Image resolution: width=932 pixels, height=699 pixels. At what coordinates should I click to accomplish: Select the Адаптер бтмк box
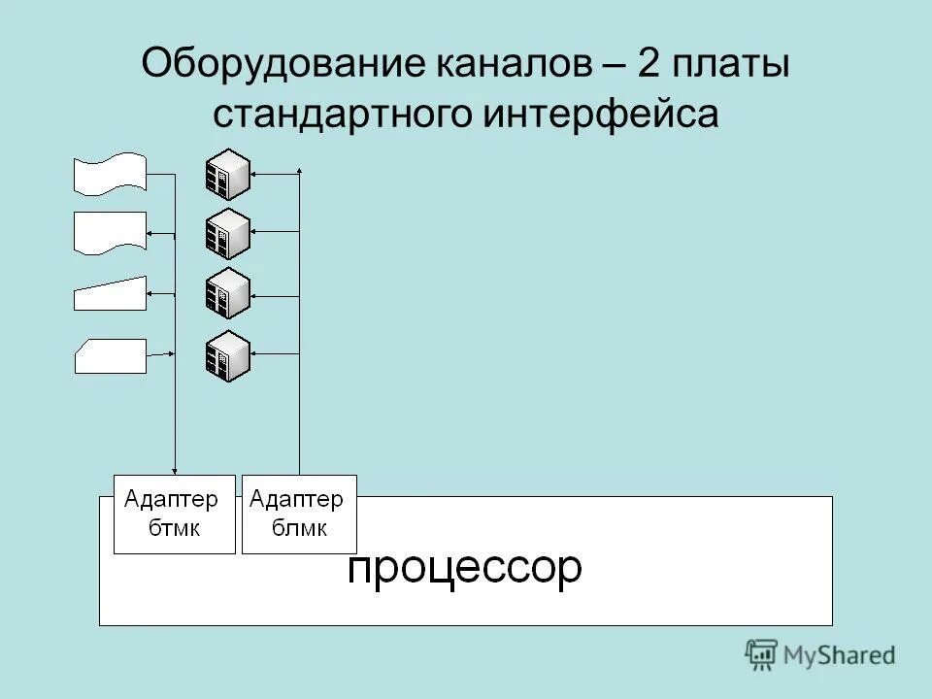tap(175, 515)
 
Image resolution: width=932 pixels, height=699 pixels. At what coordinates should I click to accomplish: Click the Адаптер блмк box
tap(299, 515)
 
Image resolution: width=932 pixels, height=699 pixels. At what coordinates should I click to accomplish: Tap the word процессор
tap(465, 569)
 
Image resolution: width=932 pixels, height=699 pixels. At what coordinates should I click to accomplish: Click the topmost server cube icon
tap(227, 175)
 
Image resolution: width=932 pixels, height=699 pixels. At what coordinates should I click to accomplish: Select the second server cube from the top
tap(227, 234)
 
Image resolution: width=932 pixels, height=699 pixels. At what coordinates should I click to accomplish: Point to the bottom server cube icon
tap(227, 356)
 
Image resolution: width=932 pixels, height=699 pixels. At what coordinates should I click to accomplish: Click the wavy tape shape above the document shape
tap(110, 173)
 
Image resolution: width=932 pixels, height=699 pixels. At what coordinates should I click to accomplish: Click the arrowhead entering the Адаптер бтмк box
tap(175, 470)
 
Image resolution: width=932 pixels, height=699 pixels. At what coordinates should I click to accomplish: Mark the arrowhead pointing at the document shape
tap(150, 234)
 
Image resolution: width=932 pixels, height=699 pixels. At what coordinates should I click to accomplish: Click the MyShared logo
tap(820, 655)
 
